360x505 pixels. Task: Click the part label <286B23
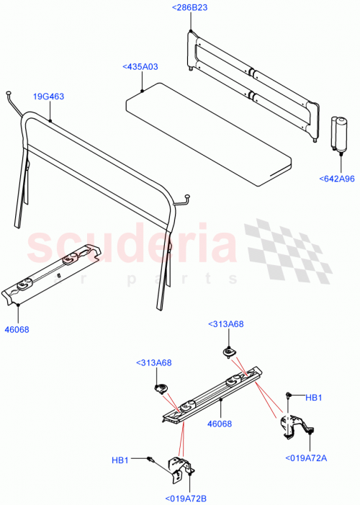191,7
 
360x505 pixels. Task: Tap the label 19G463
48,95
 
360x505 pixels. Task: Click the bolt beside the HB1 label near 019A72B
150,459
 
